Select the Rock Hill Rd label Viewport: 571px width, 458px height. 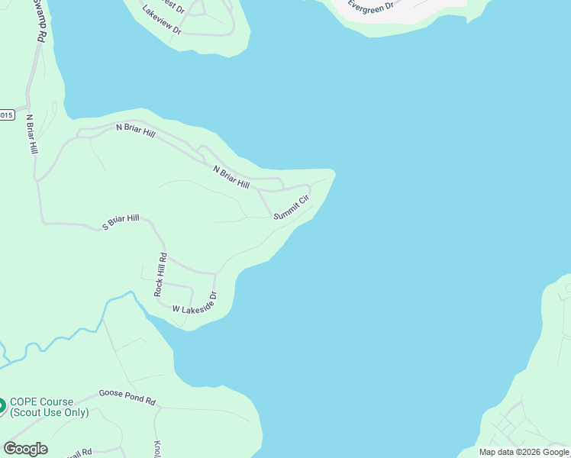(x=160, y=275)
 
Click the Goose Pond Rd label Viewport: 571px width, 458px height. (x=127, y=397)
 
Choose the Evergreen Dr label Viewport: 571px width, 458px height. (x=370, y=5)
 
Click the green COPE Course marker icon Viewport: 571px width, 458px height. (x=2, y=405)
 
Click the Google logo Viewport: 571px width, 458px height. (x=25, y=449)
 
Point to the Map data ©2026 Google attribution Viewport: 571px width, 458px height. (x=524, y=452)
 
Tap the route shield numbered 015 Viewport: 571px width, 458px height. (x=6, y=115)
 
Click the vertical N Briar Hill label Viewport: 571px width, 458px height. (x=31, y=135)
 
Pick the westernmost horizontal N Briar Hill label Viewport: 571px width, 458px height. (x=135, y=131)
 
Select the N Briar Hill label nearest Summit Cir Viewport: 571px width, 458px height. (x=231, y=177)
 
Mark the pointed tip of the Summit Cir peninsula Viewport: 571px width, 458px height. (x=333, y=171)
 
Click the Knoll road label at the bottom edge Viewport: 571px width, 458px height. (x=158, y=449)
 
